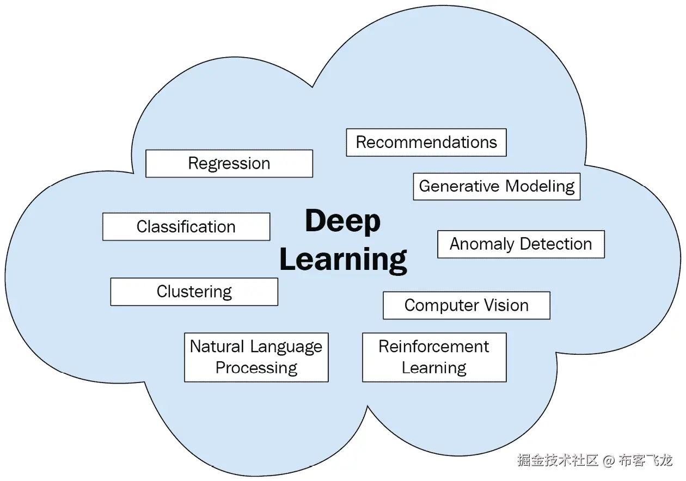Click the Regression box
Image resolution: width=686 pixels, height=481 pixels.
(229, 163)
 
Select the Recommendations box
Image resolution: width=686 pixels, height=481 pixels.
(426, 143)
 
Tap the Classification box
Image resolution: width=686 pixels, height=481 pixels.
(186, 226)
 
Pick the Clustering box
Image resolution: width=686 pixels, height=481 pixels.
(194, 292)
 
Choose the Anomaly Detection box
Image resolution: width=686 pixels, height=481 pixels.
(521, 244)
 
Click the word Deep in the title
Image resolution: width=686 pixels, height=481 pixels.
(342, 221)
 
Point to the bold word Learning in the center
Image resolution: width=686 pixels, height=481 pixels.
(343, 260)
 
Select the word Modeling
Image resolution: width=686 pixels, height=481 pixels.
(540, 187)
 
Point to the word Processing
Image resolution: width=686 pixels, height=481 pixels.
(256, 368)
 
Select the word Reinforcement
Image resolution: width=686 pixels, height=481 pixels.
(434, 347)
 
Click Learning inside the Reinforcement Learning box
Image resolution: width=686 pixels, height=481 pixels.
(434, 368)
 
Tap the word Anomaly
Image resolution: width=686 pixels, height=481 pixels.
(482, 244)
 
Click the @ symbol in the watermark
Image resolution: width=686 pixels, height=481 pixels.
(609, 460)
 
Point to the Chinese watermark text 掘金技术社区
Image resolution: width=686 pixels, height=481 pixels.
(558, 460)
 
